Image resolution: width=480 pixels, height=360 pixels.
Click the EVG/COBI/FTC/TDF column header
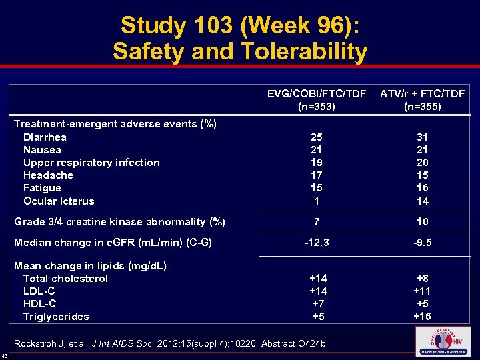(x=317, y=100)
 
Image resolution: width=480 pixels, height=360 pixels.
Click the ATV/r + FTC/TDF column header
(x=422, y=100)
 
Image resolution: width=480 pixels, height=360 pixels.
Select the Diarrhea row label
(x=45, y=137)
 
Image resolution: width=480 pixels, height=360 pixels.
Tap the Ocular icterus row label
(x=59, y=201)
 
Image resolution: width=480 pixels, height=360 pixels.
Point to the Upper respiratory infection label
(x=91, y=163)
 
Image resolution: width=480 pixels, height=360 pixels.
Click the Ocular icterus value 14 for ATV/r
(x=422, y=201)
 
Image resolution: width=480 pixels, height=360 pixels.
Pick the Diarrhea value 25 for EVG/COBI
(x=317, y=137)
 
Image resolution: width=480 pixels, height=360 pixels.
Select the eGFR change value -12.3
(x=317, y=243)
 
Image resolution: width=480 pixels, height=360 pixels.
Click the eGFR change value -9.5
(x=422, y=243)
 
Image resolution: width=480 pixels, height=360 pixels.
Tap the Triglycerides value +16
(x=422, y=317)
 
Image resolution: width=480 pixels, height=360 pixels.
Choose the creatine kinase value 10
(x=422, y=221)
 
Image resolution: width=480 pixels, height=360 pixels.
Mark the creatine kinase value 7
(x=317, y=221)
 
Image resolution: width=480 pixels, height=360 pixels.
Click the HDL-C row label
(x=39, y=304)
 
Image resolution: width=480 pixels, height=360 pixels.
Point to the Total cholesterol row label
(x=65, y=279)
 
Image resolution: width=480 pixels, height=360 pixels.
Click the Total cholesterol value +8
(x=422, y=279)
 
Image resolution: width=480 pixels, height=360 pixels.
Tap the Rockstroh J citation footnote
(x=171, y=344)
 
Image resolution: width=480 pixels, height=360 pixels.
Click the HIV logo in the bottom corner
(x=443, y=341)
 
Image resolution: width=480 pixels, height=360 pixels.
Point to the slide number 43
(x=5, y=355)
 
